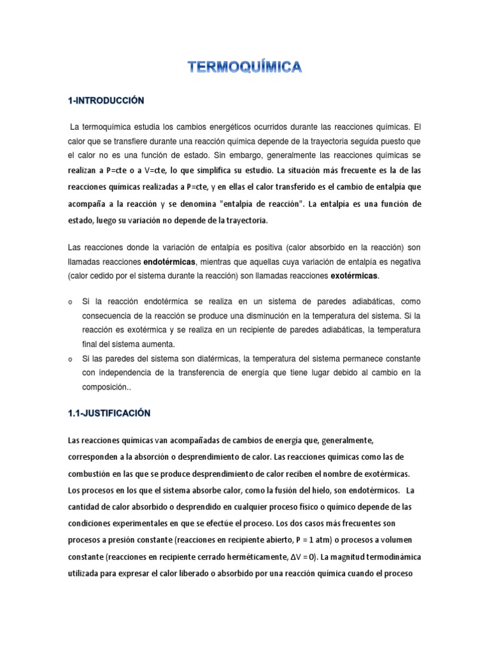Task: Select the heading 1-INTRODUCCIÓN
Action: (x=106, y=100)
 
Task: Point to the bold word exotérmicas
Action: (x=354, y=276)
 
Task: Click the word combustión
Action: (x=87, y=474)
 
